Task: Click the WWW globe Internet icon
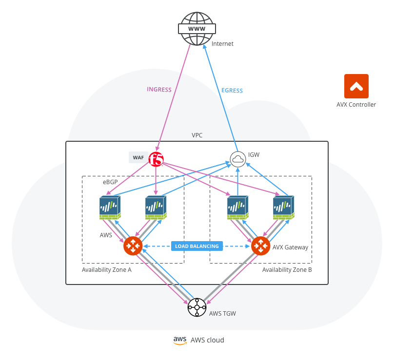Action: (197, 29)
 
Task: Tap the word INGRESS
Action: (159, 89)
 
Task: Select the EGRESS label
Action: (232, 91)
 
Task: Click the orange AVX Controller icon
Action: (356, 86)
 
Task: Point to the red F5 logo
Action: (156, 159)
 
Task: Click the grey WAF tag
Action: (138, 157)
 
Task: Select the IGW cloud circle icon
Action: (237, 159)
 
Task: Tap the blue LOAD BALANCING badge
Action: (197, 246)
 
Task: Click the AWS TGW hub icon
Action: (197, 307)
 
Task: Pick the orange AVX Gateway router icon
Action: (261, 246)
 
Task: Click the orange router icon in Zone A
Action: (133, 246)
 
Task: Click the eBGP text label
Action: (110, 182)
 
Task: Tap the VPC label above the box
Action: (197, 135)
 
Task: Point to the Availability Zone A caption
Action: (107, 269)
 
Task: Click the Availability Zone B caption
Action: (287, 269)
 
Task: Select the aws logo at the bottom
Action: (180, 340)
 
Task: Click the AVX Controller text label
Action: (356, 104)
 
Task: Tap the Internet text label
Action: (222, 44)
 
